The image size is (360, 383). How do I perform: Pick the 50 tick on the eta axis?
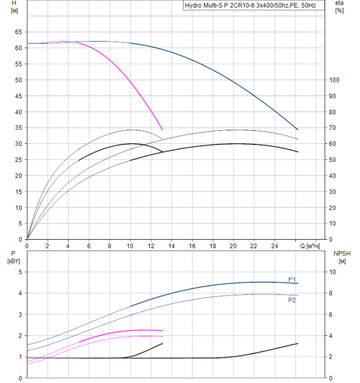point(333,160)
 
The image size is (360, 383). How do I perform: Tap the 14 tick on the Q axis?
point(171,246)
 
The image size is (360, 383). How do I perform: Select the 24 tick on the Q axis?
point(275,246)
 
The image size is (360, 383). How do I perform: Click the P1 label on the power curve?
point(292,279)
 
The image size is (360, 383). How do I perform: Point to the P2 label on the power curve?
point(292,300)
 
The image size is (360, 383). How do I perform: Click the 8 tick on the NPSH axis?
point(332,293)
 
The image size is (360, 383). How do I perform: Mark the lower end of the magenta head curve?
point(162,130)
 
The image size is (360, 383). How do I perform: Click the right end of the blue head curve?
point(298,130)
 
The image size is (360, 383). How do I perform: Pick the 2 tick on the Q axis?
point(47,246)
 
